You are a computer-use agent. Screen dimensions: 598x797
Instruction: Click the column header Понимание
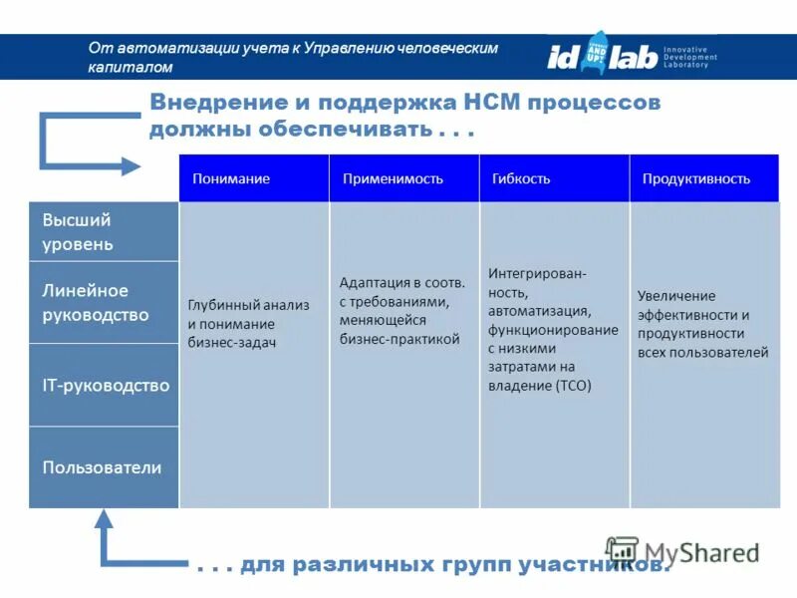pyautogui.click(x=230, y=179)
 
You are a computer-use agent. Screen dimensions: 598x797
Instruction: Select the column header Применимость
pyautogui.click(x=393, y=179)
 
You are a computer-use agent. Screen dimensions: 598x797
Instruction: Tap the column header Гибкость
pyautogui.click(x=521, y=179)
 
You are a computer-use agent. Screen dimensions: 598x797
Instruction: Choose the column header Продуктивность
pyautogui.click(x=695, y=179)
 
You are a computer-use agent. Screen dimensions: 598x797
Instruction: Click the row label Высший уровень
pyautogui.click(x=78, y=232)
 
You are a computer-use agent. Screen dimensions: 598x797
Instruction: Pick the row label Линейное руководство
pyautogui.click(x=96, y=303)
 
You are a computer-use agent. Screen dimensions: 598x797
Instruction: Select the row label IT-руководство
pyautogui.click(x=106, y=386)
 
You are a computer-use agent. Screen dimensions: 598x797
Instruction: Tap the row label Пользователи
pyautogui.click(x=102, y=467)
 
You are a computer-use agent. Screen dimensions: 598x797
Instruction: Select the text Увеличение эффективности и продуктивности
pyautogui.click(x=702, y=324)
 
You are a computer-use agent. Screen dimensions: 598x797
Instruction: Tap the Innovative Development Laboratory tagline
pyautogui.click(x=690, y=57)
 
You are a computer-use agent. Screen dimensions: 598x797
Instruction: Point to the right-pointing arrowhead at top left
pyautogui.click(x=131, y=166)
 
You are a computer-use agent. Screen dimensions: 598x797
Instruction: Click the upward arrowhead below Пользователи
pyautogui.click(x=104, y=519)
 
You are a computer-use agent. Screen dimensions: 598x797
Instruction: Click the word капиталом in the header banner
pyautogui.click(x=131, y=68)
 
